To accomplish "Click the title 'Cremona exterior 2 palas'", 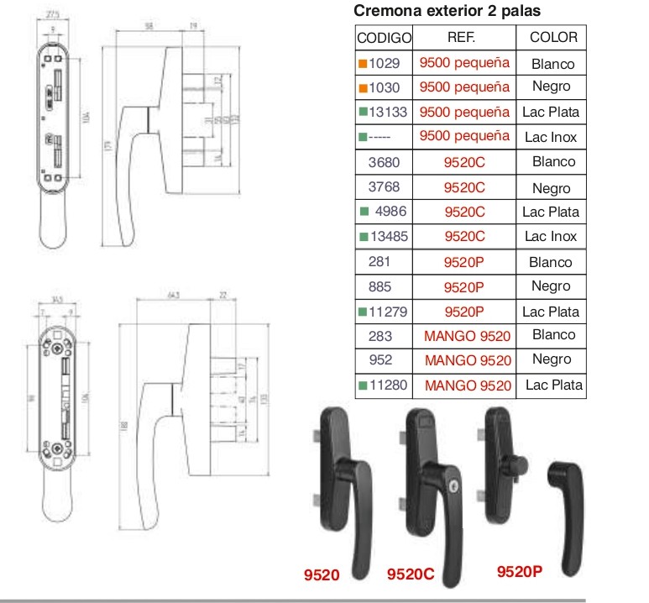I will [447, 11].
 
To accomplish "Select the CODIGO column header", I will [384, 38].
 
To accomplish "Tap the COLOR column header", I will [553, 38].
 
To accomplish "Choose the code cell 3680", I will [384, 162].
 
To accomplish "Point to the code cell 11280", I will [388, 385].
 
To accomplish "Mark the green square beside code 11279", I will [362, 312].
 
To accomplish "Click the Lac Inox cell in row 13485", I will [551, 237].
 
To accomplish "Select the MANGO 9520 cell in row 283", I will [468, 336].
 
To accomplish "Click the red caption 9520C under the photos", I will [411, 575].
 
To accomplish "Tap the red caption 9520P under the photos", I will [519, 572].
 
